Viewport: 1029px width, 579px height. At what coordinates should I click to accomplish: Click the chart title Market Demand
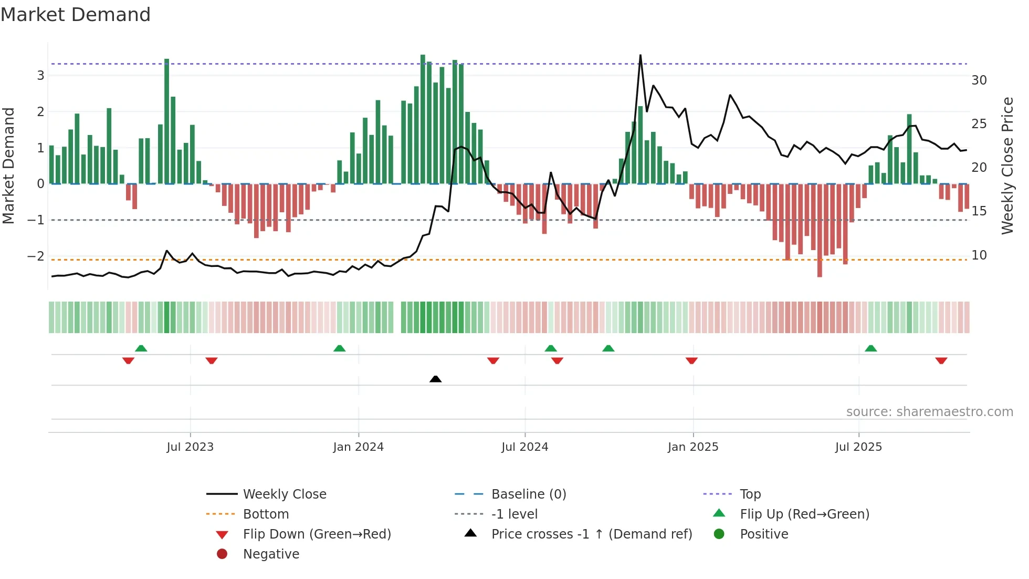(x=76, y=15)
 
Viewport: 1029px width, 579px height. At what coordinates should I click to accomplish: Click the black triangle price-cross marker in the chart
(x=435, y=379)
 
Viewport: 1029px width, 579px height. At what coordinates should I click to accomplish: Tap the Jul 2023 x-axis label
(x=190, y=447)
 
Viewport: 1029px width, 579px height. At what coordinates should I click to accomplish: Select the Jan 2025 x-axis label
(x=693, y=447)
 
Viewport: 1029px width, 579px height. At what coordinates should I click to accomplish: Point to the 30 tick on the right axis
(x=979, y=80)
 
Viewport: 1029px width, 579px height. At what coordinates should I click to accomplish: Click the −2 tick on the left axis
(x=36, y=256)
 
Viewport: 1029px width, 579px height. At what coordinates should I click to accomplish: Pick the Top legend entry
(x=750, y=494)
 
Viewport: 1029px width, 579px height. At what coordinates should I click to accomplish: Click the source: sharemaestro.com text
(x=929, y=412)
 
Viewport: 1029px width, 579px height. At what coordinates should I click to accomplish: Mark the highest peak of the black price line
(x=640, y=55)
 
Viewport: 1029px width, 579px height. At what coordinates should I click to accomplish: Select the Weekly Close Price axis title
(x=1007, y=166)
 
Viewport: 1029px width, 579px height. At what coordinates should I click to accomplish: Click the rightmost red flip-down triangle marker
(x=941, y=360)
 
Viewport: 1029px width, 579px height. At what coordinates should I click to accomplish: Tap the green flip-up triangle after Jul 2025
(x=870, y=348)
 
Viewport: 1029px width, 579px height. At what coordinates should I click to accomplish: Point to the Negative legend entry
(x=271, y=554)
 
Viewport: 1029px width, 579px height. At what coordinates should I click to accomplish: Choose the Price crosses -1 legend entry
(x=591, y=534)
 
